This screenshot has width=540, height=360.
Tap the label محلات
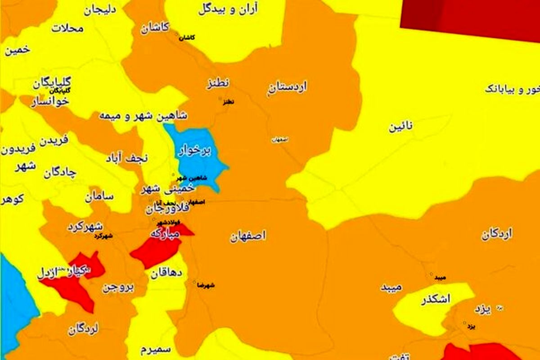click(67, 28)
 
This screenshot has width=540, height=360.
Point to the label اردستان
click(288, 87)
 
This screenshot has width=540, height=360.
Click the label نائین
click(401, 127)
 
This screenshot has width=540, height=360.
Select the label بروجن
click(118, 288)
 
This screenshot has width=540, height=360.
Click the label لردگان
click(84, 329)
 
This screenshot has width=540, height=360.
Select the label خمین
click(18, 50)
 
